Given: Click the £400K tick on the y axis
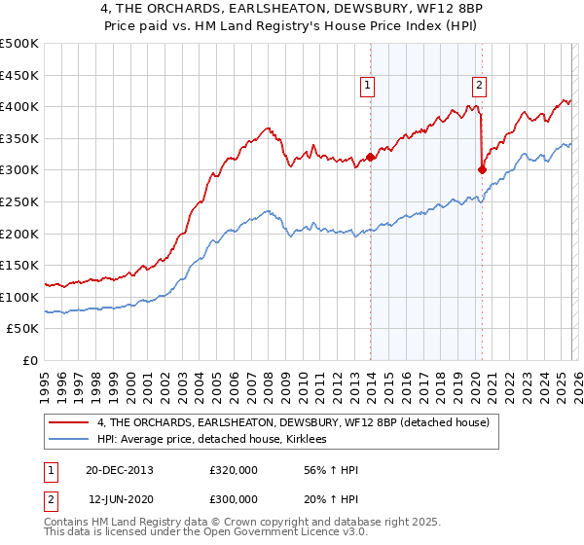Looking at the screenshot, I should (19, 106).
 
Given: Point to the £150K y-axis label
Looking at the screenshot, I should (19, 265).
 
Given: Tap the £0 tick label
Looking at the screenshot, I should (30, 360).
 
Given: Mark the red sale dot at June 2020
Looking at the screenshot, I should (482, 169).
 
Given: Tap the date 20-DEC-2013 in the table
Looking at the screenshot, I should (120, 470).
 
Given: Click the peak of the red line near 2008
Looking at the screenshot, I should (268, 127).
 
